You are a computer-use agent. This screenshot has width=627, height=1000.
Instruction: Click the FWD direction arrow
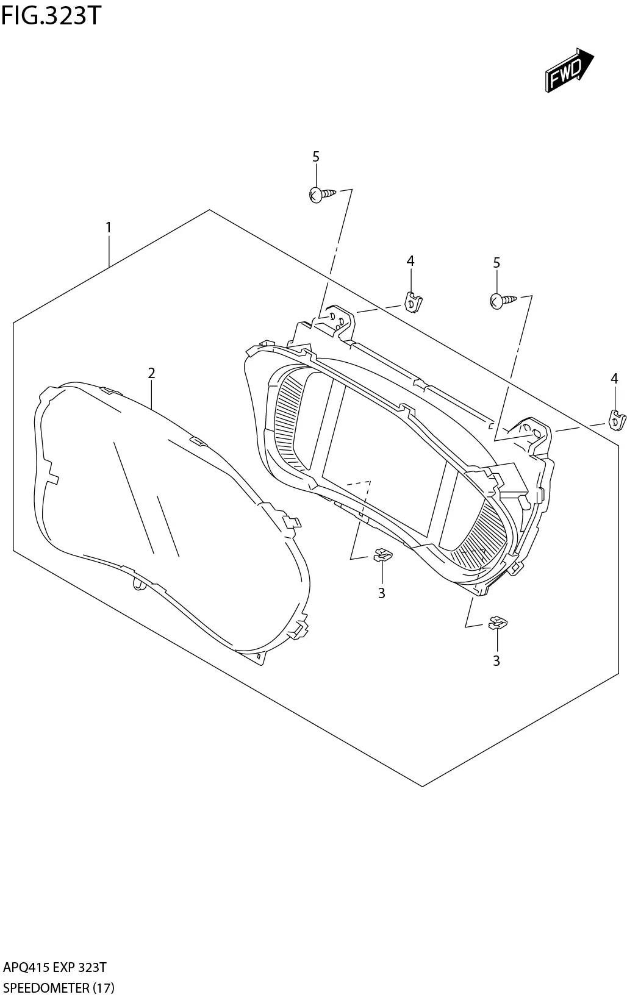click(568, 71)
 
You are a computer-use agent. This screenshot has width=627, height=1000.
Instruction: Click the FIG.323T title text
click(50, 16)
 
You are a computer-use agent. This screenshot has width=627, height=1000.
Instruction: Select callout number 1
click(109, 228)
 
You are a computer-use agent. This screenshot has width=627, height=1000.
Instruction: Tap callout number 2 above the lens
click(151, 373)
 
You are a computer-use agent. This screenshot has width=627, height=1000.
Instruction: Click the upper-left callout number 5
click(316, 157)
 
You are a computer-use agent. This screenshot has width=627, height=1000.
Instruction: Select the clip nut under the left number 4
click(414, 302)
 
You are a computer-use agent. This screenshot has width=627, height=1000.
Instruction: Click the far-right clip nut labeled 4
click(618, 420)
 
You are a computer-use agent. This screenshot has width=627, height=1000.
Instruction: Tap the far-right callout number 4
click(614, 379)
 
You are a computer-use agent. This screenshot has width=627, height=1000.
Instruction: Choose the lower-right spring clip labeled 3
click(497, 623)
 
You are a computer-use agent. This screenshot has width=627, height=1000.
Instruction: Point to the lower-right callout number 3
click(496, 660)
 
